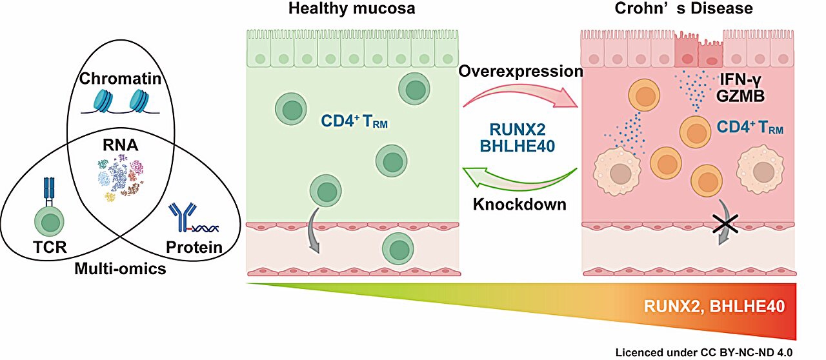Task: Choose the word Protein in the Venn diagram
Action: [194, 246]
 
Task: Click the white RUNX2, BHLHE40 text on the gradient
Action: [714, 305]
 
